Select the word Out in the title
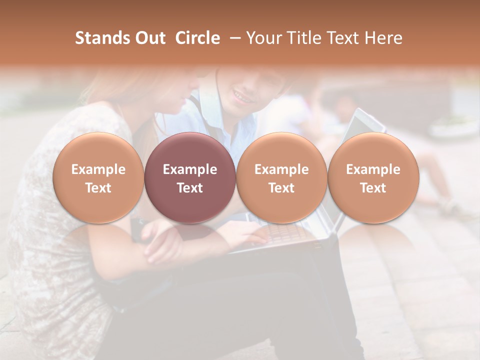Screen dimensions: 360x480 [x=150, y=38]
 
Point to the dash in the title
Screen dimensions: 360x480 [x=233, y=38]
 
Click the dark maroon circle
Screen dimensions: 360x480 [x=189, y=177]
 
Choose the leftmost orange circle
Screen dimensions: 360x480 [x=98, y=177]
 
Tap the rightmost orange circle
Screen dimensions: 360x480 [x=373, y=177]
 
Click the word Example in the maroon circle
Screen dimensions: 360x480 [x=189, y=169]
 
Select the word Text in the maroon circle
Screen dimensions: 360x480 [x=189, y=188]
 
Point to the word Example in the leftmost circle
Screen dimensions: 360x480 [x=98, y=169]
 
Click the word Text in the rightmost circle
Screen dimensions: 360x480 [x=373, y=188]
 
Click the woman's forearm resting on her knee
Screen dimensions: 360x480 [x=160, y=240]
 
